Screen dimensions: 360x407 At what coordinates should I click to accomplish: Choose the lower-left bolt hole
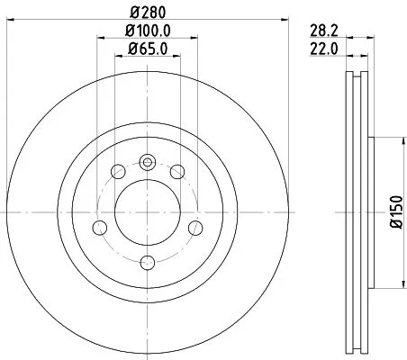[102, 229]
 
